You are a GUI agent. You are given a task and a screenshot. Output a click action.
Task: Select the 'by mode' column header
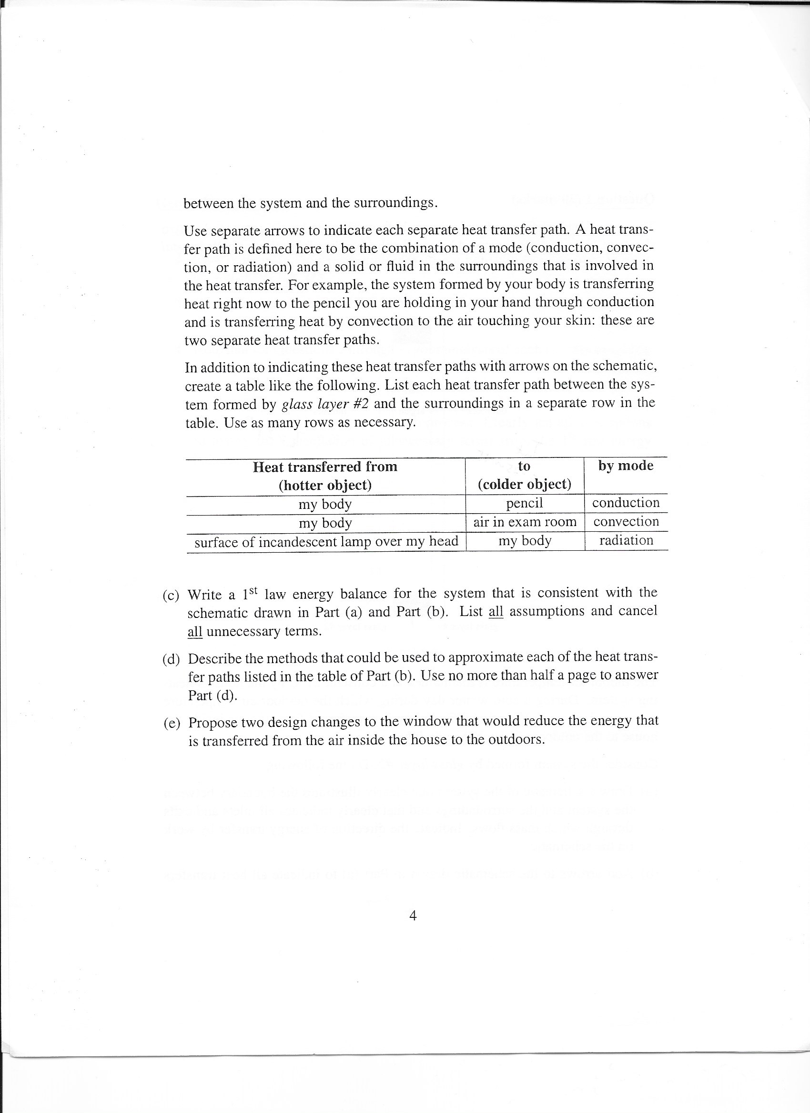626,465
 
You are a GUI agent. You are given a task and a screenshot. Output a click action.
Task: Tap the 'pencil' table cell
525,503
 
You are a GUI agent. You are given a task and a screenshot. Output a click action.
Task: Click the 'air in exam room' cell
525,522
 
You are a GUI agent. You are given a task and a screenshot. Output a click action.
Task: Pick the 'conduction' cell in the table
626,503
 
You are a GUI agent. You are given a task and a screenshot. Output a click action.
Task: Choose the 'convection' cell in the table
626,521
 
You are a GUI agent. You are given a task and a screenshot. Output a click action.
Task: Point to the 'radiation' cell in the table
626,540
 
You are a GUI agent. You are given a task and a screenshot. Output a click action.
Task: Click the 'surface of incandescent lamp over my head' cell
326,541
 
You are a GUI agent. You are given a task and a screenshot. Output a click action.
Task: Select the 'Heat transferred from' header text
325,466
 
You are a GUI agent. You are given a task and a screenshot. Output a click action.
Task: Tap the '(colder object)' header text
525,484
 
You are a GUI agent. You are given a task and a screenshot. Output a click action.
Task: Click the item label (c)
171,595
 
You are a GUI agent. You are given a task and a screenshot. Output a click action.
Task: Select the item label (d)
171,658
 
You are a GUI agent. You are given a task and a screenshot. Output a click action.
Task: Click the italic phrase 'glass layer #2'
324,403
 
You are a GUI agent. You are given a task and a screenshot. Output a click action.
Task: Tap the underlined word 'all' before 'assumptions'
496,611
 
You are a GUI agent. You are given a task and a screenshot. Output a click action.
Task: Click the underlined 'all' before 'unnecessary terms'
194,631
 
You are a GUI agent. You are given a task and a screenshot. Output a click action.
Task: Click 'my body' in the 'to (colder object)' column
525,540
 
